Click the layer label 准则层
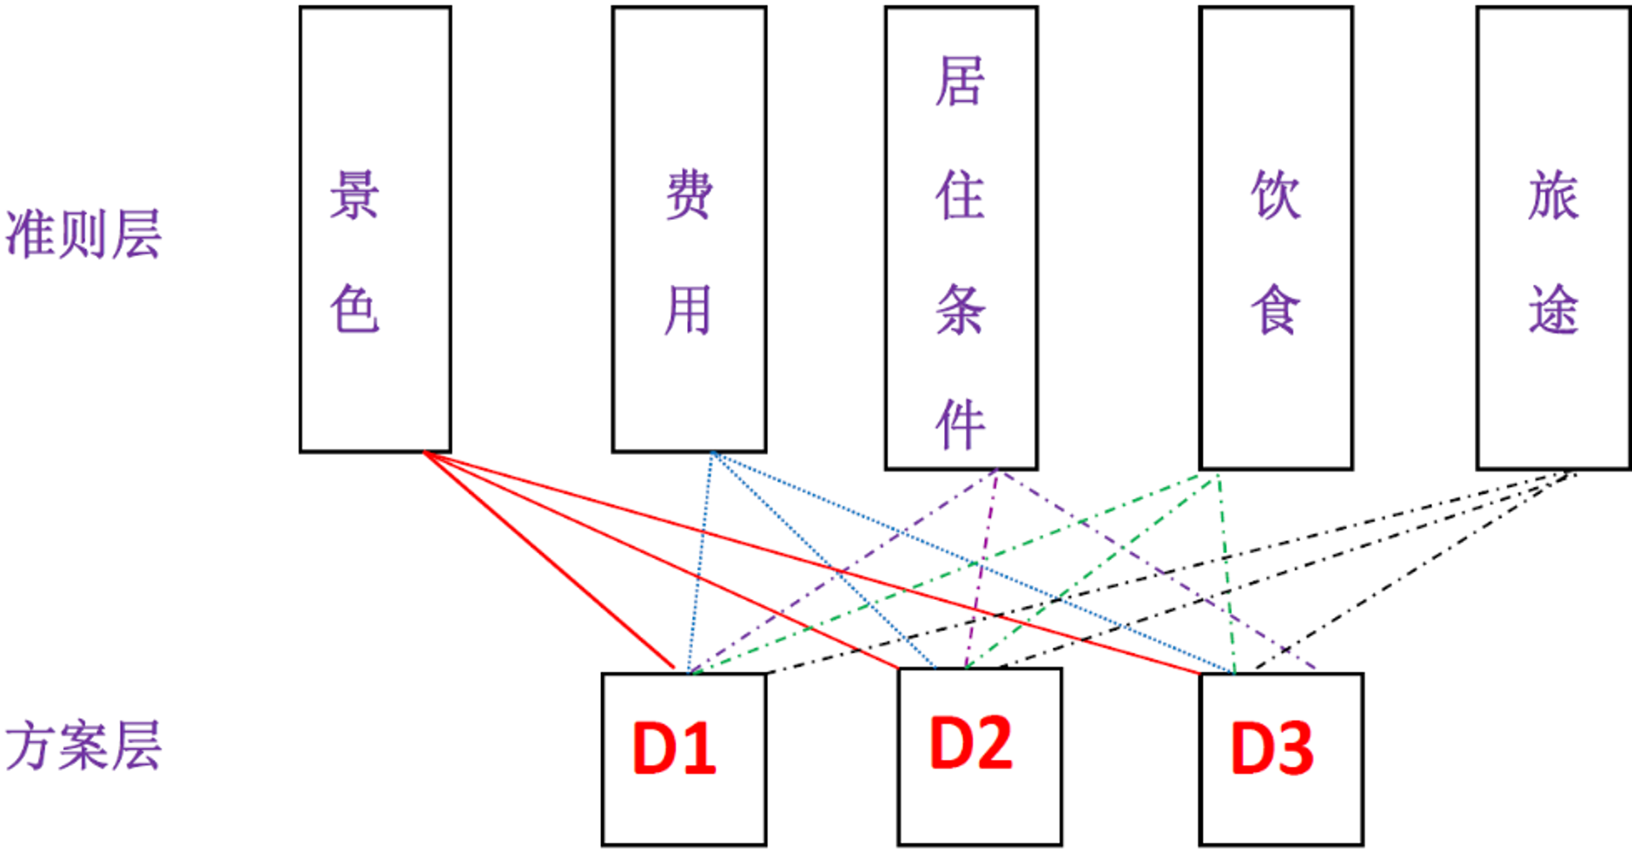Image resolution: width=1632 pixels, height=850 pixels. [x=83, y=234]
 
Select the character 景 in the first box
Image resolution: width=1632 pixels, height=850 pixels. [x=354, y=194]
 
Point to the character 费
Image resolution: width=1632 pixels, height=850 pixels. [x=689, y=194]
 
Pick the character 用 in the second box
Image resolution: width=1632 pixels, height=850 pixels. [x=688, y=309]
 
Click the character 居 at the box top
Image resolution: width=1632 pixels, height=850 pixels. [x=960, y=81]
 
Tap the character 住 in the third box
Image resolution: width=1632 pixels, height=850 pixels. [x=960, y=195]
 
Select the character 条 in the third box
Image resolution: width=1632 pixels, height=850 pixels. [x=960, y=309]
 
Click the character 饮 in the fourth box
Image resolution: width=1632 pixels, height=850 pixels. [x=1275, y=194]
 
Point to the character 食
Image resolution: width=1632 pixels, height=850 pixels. [x=1275, y=309]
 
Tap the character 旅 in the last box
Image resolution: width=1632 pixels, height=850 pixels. [x=1553, y=194]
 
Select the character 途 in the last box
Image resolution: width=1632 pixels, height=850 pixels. [x=1553, y=309]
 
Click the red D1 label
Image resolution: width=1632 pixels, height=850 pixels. [x=674, y=748]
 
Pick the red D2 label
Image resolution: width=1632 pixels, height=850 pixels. [x=970, y=743]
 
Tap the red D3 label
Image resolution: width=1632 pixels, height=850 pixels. [x=1272, y=748]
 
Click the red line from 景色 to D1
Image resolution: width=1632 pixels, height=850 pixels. [x=549, y=560]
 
